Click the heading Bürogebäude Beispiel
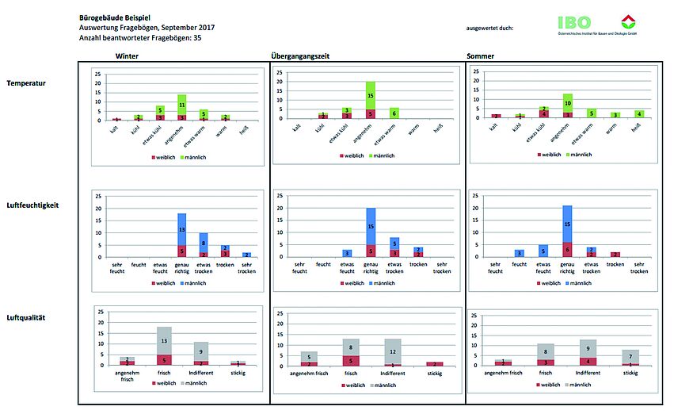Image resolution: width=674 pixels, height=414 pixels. point(114,17)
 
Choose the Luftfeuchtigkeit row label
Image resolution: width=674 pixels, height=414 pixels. point(32,205)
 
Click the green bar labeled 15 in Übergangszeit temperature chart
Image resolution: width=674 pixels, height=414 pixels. point(371,95)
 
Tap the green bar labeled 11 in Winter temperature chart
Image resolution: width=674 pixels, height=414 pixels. point(181,104)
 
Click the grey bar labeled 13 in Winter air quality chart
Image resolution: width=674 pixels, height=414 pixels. point(165,340)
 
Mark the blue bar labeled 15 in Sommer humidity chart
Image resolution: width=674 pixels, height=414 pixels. point(567,223)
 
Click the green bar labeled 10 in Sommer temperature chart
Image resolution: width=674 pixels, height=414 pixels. point(567,102)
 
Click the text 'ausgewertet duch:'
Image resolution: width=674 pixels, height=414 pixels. point(490,28)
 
